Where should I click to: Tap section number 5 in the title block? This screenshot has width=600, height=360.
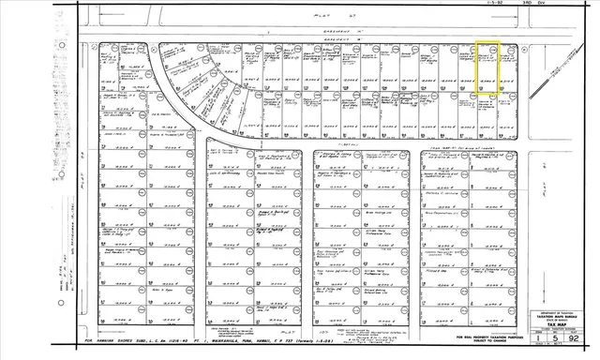click(x=569, y=341)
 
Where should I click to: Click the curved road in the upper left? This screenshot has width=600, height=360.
click(x=179, y=103)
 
